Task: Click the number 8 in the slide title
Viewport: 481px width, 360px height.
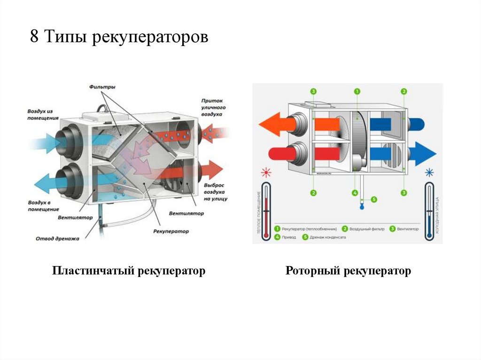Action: click(34, 37)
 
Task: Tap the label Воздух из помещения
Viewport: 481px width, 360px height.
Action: click(39, 115)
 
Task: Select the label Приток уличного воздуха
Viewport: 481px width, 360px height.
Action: click(213, 107)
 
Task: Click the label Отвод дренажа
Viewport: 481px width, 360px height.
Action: click(57, 238)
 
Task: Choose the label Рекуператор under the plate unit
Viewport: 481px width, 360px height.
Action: click(171, 231)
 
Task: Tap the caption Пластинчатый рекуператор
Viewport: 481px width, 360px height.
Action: click(129, 271)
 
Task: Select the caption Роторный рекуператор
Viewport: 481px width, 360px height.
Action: click(348, 271)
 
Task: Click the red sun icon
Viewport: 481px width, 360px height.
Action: click(267, 172)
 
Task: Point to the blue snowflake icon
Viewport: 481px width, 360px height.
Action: click(428, 173)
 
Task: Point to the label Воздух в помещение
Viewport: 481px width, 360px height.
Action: click(39, 205)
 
